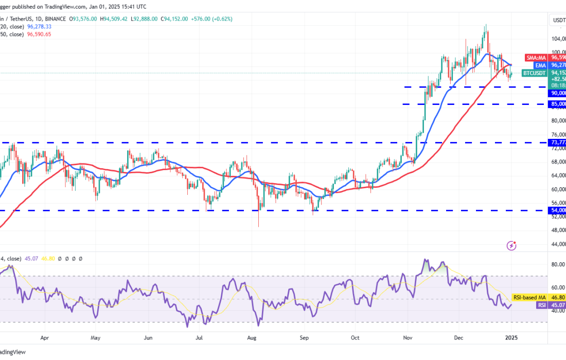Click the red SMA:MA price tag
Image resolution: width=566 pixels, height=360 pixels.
537,58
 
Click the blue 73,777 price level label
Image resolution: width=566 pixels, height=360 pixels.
558,142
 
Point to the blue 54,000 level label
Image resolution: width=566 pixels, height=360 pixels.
558,210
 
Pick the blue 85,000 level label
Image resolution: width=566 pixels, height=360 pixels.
558,104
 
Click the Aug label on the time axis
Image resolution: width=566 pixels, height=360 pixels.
252,339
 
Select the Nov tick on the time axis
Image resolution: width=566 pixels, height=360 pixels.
408,339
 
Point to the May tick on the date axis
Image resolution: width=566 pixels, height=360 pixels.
95,339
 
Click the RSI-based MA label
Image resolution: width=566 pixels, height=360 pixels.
526,297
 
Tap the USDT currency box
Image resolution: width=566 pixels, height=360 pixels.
558,21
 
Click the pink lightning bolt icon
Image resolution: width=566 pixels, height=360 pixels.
511,245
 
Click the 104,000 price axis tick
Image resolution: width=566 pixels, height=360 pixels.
558,39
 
